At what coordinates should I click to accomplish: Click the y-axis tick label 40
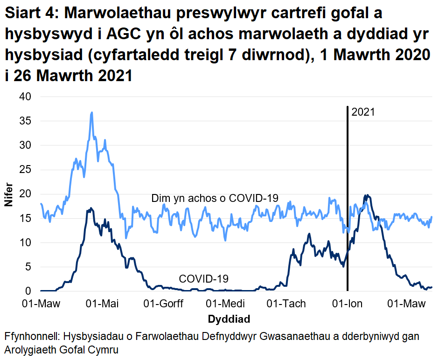(25, 97)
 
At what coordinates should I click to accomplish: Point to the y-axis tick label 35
(25, 121)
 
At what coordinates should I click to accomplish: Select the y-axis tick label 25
(25, 170)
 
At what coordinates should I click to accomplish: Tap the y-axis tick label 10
(25, 242)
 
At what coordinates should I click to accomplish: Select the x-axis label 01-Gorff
(163, 304)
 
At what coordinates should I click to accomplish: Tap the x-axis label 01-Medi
(225, 304)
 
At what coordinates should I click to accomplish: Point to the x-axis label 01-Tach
(286, 304)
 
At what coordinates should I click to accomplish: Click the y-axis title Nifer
(9, 194)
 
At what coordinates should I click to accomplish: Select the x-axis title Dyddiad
(229, 319)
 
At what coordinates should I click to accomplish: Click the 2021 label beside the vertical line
(363, 112)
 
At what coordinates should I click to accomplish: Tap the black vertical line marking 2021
(348, 187)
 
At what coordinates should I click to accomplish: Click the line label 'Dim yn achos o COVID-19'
(215, 199)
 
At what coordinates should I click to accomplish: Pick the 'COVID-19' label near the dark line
(204, 279)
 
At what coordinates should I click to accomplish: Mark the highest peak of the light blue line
(92, 112)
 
